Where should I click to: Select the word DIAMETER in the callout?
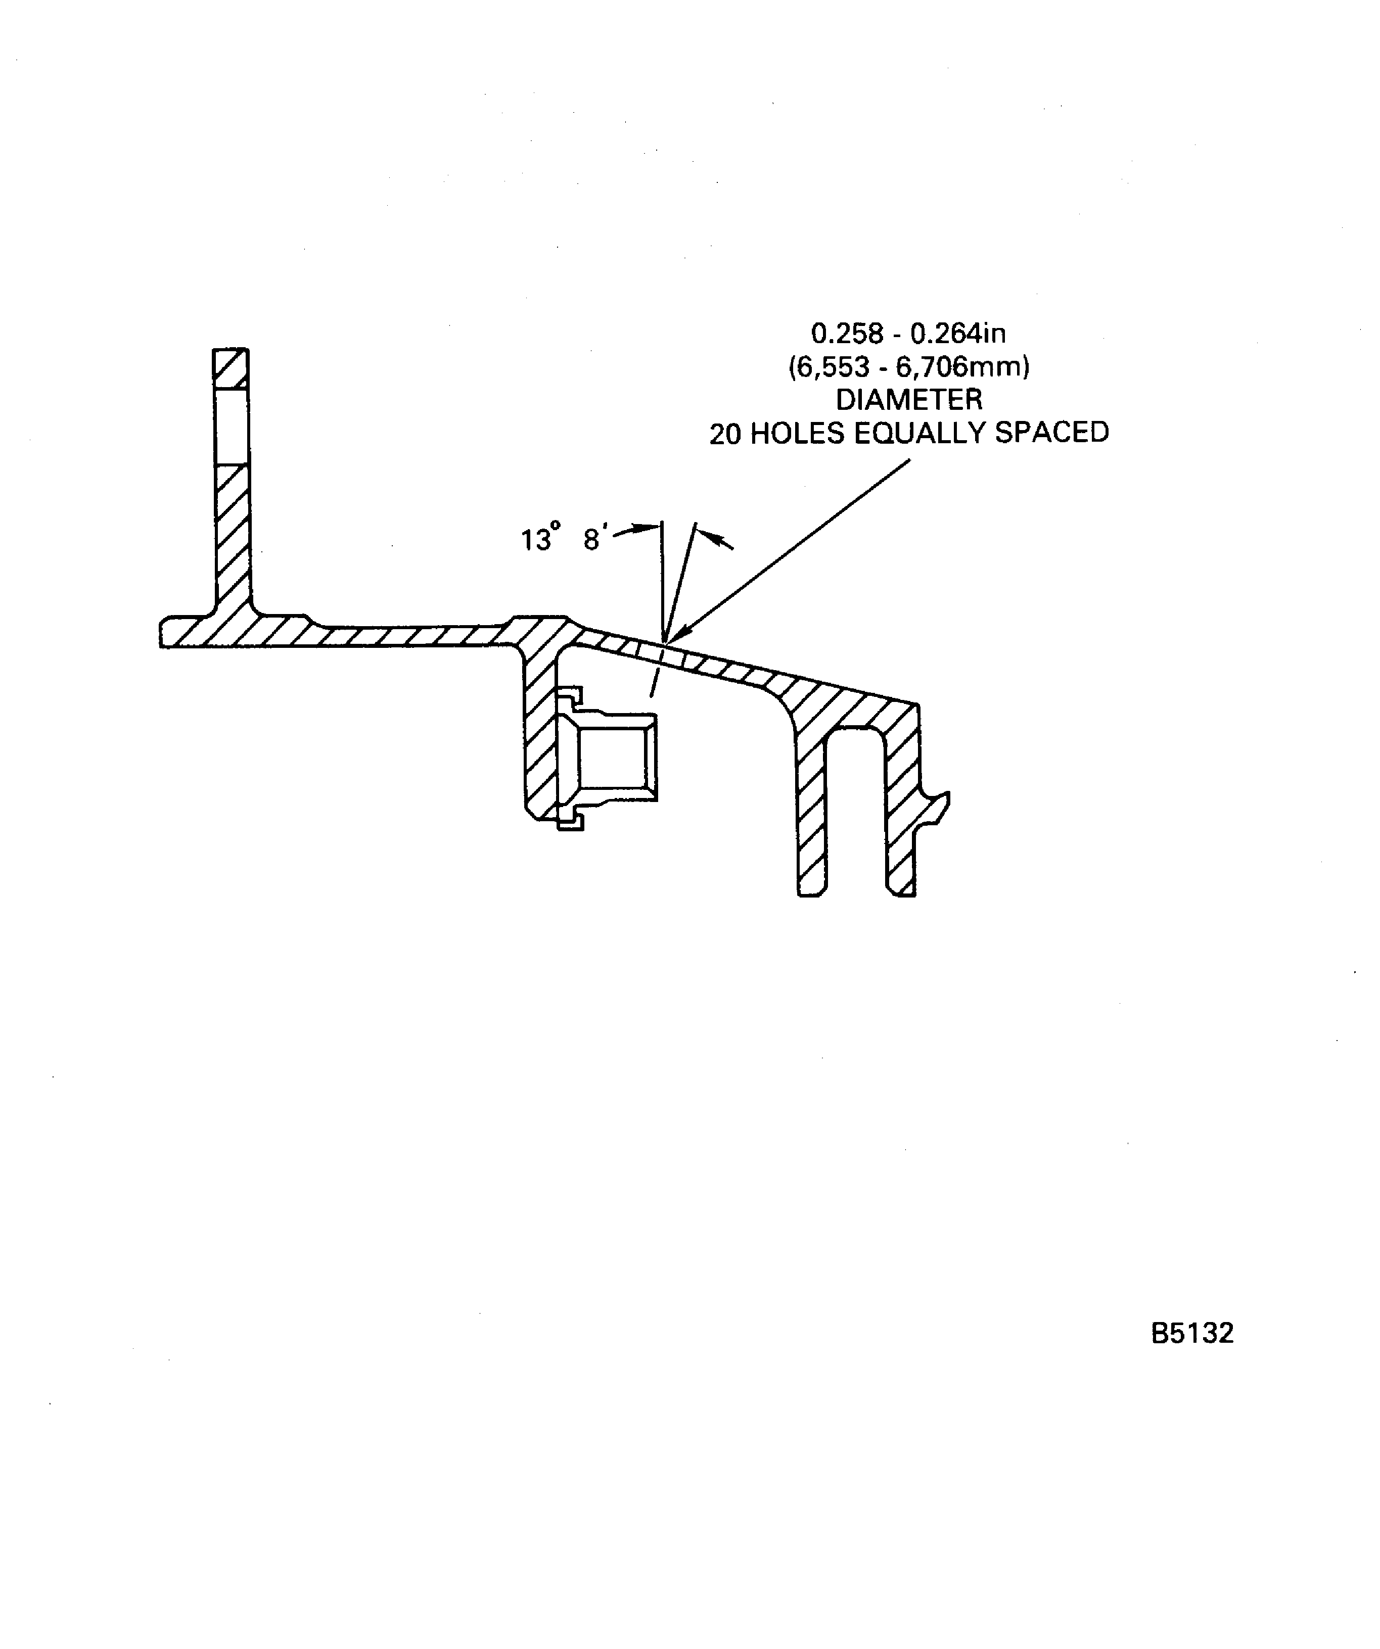[909, 400]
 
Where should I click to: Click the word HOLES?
[797, 434]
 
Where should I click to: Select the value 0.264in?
[958, 334]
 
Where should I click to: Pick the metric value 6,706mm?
[963, 367]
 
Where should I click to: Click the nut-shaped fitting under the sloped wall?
[607, 758]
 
